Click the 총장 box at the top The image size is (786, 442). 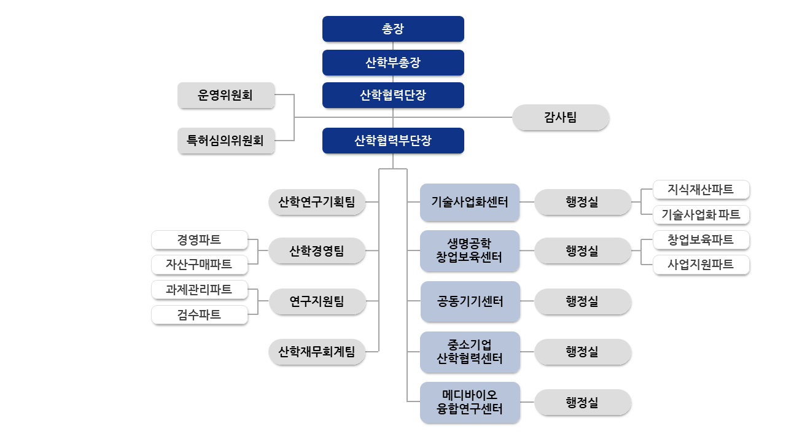[393, 29]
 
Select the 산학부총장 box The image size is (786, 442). [393, 63]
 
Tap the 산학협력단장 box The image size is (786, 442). [393, 95]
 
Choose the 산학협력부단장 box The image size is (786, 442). [393, 141]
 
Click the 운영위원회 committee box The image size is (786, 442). [226, 95]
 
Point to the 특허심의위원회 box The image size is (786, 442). [226, 141]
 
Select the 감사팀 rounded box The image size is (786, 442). [561, 117]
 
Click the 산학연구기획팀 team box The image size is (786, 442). [317, 202]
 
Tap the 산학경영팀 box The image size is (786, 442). [317, 250]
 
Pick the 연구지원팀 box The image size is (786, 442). [317, 301]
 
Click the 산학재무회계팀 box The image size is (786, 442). [317, 352]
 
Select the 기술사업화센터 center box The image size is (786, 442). [470, 202]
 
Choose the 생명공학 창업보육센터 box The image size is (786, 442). [470, 250]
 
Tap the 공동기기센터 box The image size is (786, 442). [470, 301]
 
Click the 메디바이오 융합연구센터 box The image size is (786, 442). [470, 402]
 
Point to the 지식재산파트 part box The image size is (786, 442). [701, 190]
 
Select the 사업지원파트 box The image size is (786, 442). [701, 265]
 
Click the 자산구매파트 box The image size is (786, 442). [199, 265]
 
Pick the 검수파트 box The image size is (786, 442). [199, 315]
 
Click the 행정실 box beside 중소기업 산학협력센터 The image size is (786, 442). [582, 352]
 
